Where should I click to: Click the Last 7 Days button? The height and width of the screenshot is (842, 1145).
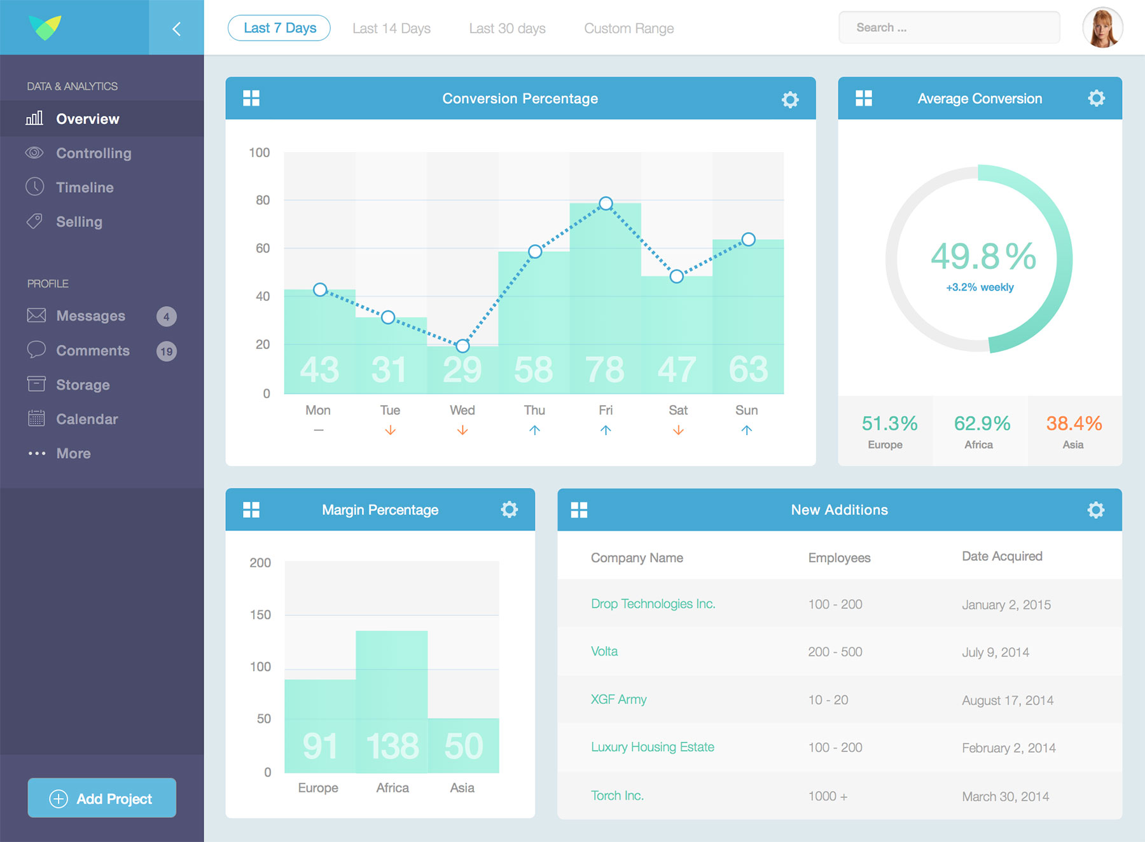(x=279, y=28)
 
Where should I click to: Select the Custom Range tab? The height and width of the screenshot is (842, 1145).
(x=628, y=29)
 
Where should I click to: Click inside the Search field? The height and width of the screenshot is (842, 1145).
(x=949, y=28)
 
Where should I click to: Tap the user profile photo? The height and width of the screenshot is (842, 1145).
(x=1102, y=28)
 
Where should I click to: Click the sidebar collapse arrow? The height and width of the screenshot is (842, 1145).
(x=176, y=29)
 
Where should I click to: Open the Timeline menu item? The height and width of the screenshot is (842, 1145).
(x=85, y=188)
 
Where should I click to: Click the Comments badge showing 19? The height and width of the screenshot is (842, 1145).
(x=167, y=351)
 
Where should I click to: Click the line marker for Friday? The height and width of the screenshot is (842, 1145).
(x=606, y=204)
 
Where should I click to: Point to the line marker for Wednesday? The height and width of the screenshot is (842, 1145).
(x=462, y=346)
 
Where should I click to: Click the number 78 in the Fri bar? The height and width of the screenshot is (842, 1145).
(x=605, y=369)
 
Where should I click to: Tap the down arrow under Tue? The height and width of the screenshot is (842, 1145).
(x=390, y=431)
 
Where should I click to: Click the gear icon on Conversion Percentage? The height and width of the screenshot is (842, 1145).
(x=790, y=99)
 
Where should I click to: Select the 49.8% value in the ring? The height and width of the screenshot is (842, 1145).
(x=983, y=256)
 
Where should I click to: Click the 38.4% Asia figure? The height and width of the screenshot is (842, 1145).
(x=1074, y=424)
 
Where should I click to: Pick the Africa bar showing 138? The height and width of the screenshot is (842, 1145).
(x=392, y=700)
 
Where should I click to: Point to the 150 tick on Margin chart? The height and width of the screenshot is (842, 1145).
(x=260, y=615)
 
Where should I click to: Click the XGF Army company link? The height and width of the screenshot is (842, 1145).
(x=618, y=700)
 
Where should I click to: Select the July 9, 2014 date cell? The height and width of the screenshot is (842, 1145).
(x=995, y=652)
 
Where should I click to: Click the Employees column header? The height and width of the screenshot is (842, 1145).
(x=839, y=558)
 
